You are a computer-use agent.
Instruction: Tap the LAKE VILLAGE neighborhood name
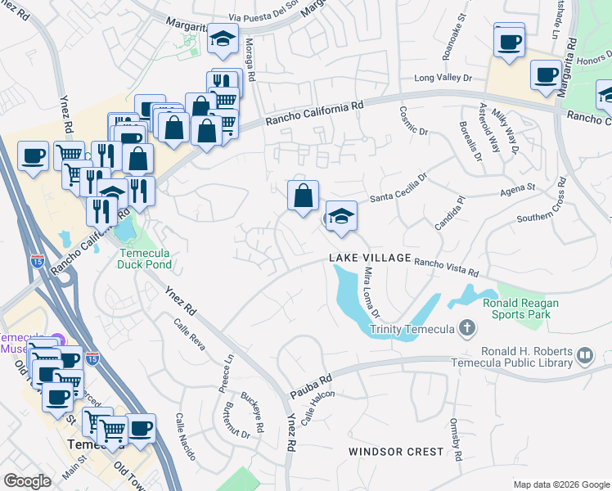tap(370, 258)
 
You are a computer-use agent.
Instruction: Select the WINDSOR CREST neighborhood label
tap(396, 452)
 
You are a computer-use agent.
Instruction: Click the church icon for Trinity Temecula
tap(466, 329)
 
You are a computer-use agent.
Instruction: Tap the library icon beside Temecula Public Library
tap(584, 355)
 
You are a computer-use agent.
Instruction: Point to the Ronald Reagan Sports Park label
tap(520, 308)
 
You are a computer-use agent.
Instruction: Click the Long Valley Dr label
tap(443, 79)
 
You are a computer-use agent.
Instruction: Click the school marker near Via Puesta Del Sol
tap(221, 40)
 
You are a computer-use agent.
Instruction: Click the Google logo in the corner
tap(28, 481)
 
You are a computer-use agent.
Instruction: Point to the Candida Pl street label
tap(454, 209)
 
